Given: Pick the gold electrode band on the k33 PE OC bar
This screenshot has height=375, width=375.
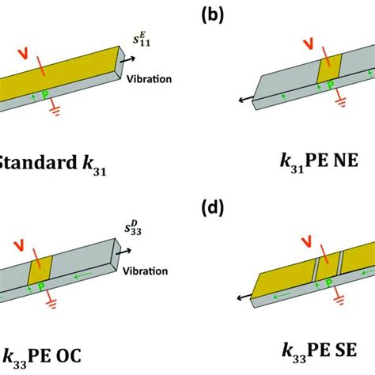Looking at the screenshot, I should (x=39, y=269).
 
